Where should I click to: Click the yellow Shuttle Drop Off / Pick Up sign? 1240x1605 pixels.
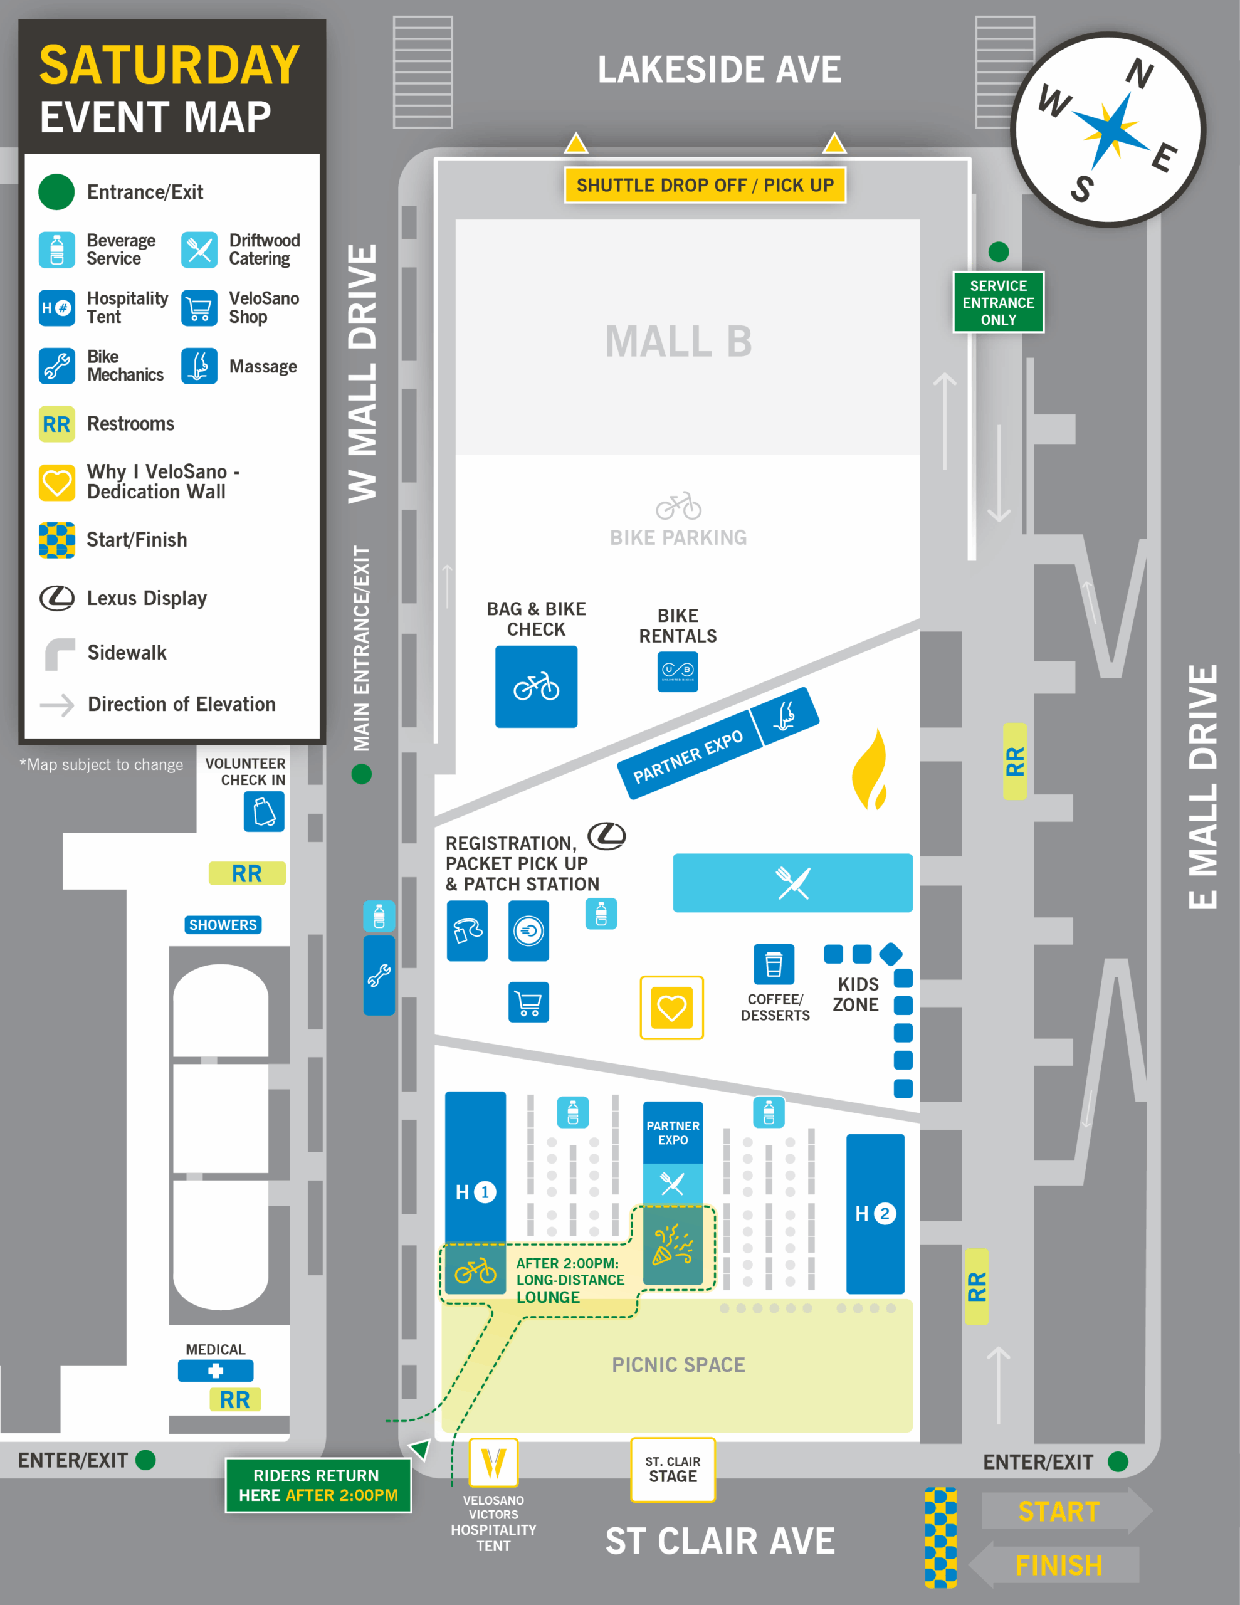coord(704,185)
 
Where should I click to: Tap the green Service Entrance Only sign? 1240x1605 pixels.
coord(997,302)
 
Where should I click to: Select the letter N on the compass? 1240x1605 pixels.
coord(1138,74)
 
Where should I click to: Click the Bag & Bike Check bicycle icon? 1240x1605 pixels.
coord(536,687)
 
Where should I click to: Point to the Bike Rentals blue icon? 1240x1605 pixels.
coord(677,671)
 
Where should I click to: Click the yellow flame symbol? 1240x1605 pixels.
coord(871,771)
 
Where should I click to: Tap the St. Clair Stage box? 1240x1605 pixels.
coord(673,1470)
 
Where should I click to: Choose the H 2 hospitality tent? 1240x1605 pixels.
coord(875,1214)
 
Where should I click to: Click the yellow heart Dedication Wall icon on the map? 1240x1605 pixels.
coord(671,1008)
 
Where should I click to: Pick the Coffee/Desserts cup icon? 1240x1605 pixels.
coord(773,964)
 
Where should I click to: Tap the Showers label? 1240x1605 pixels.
coord(223,925)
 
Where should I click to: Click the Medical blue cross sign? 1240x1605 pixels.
coord(216,1371)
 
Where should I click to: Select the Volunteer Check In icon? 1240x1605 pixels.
coord(264,811)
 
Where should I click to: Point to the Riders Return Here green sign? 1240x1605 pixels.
coord(318,1485)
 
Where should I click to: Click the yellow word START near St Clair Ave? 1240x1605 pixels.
coord(1058,1512)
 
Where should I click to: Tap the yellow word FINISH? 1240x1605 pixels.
coord(1058,1566)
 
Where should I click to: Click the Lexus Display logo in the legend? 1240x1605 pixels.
coord(56,598)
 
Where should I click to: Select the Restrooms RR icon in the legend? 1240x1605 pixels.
coord(56,424)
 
